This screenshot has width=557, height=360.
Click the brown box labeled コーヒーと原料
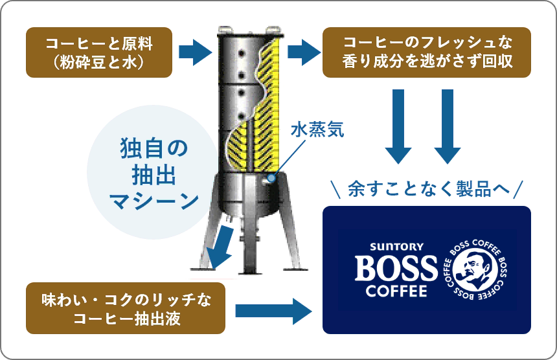(98, 52)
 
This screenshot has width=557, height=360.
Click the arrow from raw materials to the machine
(195, 52)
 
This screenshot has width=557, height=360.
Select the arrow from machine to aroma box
(301, 52)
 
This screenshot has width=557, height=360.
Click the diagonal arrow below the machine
(219, 246)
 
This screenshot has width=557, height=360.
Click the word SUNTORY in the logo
(396, 247)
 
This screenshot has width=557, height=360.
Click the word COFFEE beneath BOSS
(396, 291)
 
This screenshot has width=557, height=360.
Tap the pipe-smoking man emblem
(475, 270)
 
